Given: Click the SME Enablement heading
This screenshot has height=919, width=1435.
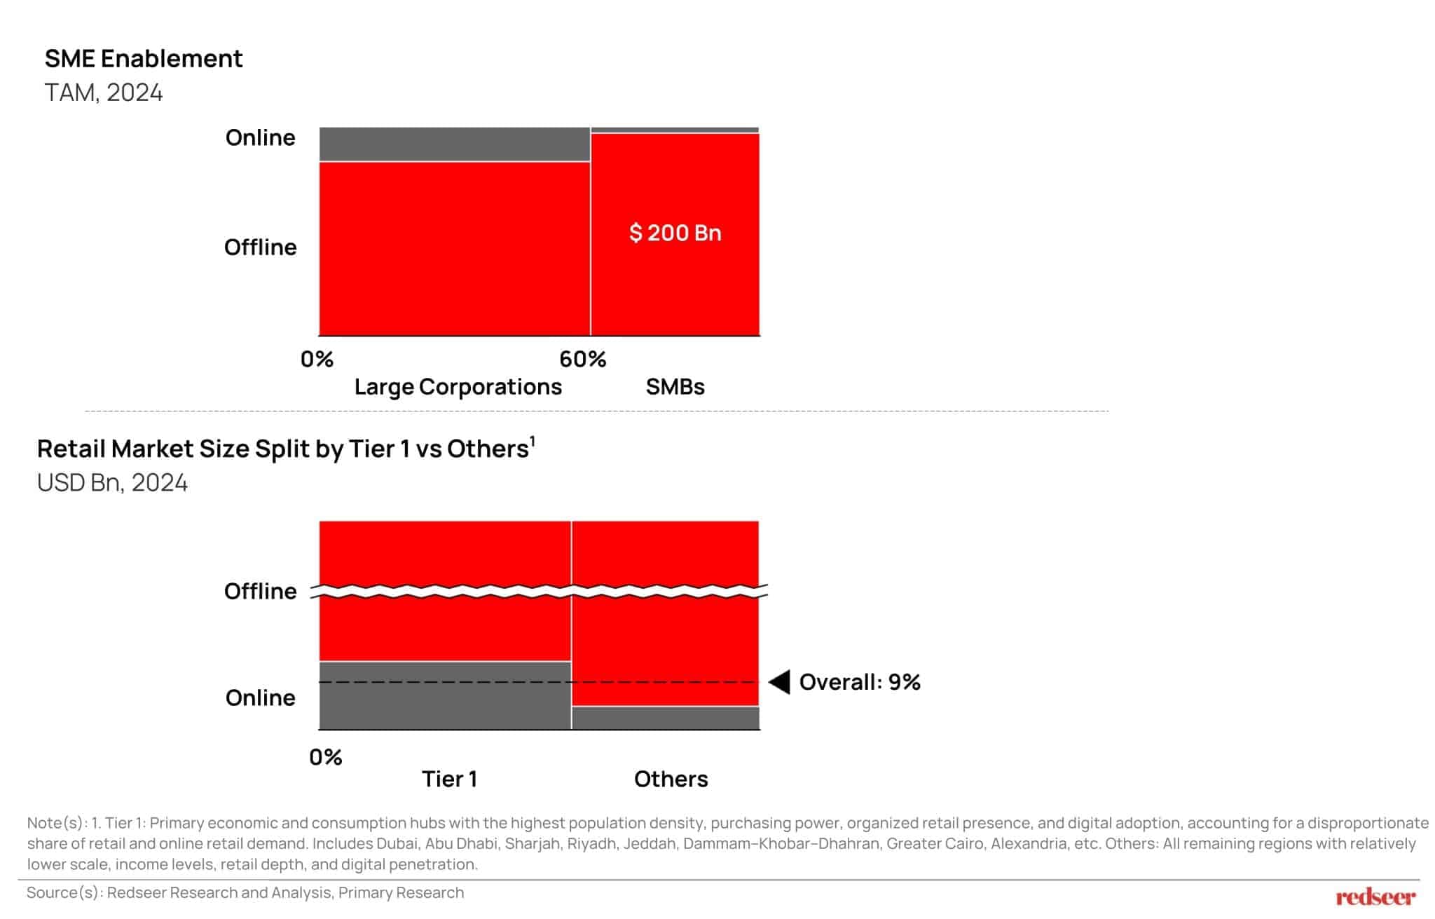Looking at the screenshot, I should tap(144, 58).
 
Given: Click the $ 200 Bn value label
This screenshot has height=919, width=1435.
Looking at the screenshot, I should tap(675, 233).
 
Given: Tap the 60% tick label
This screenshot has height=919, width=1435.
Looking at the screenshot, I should tap(582, 360).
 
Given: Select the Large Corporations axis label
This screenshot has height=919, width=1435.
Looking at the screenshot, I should tap(458, 387).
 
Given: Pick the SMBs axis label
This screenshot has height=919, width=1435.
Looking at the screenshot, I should tap(675, 387).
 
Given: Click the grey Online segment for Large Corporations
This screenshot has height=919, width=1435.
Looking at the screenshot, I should tap(454, 144).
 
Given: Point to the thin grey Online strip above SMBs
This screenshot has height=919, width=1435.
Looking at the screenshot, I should tap(675, 130).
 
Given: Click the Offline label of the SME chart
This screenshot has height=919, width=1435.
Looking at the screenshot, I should tap(260, 247).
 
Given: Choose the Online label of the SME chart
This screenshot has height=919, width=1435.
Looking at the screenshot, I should tap(260, 137).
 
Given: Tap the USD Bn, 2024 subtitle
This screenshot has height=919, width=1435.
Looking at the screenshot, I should tap(112, 483).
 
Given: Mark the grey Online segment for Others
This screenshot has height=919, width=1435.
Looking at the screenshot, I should tap(665, 718).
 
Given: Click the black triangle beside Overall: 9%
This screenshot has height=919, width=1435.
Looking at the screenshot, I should tap(781, 682).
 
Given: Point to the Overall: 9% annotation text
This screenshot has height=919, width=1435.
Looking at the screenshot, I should tap(860, 682).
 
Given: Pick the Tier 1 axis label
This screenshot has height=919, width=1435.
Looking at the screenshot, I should tap(449, 779).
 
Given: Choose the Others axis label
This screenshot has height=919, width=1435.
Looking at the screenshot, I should tap(671, 779).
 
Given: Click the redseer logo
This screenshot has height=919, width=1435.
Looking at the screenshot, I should tap(1375, 897).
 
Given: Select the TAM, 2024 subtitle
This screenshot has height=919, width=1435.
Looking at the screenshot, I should tap(104, 93).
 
